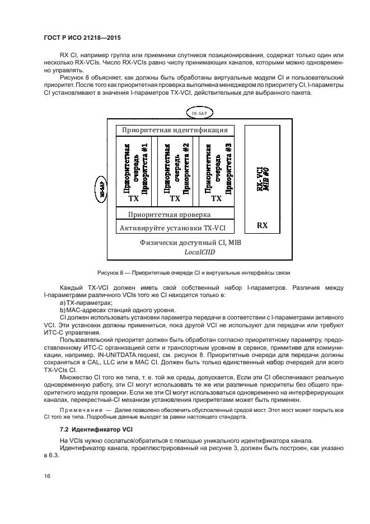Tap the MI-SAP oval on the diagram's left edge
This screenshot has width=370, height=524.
[x=102, y=184]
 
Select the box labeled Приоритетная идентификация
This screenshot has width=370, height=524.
[x=175, y=131]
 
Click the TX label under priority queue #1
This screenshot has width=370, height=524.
[x=134, y=198]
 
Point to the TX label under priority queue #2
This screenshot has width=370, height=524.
[x=175, y=198]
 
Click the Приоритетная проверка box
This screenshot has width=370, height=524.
[x=169, y=214]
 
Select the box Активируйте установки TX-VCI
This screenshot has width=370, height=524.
[x=175, y=228]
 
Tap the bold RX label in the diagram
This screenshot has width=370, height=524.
[x=262, y=225]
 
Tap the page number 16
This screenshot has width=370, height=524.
[x=47, y=476]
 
